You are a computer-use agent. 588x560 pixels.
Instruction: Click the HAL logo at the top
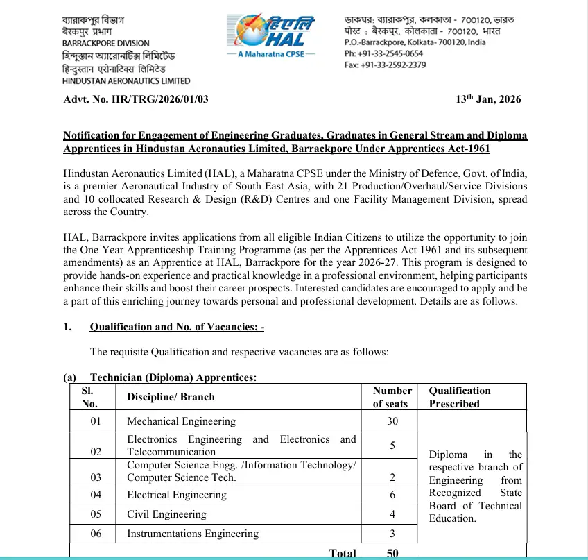pos(273,28)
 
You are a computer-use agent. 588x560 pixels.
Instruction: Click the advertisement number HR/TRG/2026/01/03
pos(136,99)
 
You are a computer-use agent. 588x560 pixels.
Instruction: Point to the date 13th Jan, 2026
pos(487,99)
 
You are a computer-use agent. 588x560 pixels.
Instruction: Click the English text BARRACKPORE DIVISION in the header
pos(105,44)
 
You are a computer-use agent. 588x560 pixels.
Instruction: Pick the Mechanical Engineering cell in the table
pos(182,421)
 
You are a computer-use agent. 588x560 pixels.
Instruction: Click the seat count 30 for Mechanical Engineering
pos(392,421)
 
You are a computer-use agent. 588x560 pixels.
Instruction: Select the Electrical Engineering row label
pos(177,495)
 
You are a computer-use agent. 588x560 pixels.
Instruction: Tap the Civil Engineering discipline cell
pos(166,514)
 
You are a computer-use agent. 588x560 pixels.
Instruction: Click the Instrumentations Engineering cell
pos(193,534)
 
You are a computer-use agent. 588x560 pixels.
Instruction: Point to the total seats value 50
pos(392,553)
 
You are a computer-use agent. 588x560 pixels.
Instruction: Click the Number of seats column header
pos(392,397)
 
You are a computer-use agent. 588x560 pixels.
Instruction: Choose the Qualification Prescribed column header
pos(459,397)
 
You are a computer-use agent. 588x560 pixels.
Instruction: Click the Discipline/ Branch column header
pos(171,397)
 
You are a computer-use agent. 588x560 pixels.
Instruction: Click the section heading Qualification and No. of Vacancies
pos(177,327)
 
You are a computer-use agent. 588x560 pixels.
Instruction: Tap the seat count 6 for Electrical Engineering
pos(392,495)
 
